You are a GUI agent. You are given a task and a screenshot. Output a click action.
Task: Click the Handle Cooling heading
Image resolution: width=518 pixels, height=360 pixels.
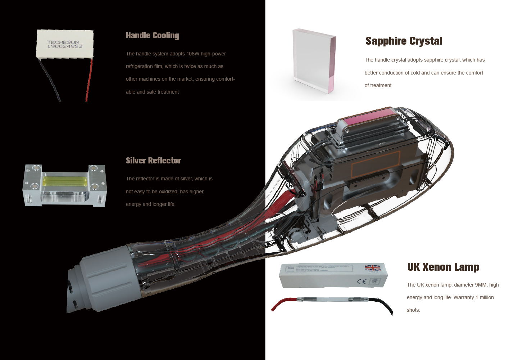point(152,35)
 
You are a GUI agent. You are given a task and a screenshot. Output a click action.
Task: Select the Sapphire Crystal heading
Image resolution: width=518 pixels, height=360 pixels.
point(404,41)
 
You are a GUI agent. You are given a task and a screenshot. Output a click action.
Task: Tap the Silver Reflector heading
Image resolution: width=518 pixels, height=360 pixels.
point(153,161)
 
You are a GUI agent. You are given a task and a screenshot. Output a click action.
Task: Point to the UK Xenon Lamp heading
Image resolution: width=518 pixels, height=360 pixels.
point(443,267)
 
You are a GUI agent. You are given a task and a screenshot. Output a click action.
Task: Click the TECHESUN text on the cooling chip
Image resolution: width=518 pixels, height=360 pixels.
point(63,42)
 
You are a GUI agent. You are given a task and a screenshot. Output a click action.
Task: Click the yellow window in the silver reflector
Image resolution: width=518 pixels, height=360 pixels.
point(65,180)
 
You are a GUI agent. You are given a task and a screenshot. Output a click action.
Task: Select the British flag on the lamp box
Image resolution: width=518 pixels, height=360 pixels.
point(372,268)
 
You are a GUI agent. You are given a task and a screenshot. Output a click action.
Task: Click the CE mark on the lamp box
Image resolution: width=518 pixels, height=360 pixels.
point(362,281)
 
